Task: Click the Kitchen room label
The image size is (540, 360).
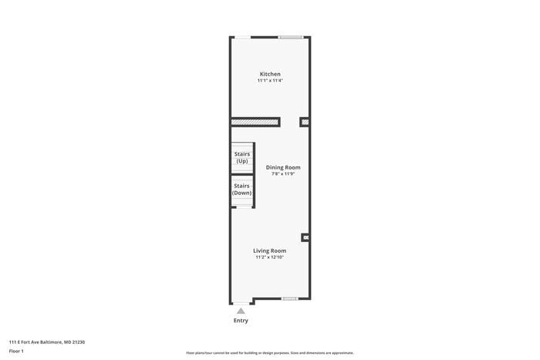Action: (270, 74)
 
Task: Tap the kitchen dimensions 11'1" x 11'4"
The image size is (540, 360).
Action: (270, 80)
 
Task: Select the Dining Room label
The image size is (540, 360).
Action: (283, 167)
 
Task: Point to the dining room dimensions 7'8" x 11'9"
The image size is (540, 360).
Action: (283, 173)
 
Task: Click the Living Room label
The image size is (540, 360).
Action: (270, 251)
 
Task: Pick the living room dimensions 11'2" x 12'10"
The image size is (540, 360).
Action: (270, 257)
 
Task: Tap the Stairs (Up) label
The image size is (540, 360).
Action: (242, 157)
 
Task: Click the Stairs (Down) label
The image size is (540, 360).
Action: (242, 189)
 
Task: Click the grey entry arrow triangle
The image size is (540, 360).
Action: (241, 311)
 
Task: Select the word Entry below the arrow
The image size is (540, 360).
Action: (241, 321)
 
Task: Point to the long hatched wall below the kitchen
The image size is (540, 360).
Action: (255, 122)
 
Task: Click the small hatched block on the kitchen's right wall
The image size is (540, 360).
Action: (305, 122)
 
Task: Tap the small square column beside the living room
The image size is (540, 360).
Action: (305, 238)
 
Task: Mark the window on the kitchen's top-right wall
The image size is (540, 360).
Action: (290, 37)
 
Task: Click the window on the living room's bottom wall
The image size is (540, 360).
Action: (289, 298)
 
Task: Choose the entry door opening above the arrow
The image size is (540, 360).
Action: (241, 301)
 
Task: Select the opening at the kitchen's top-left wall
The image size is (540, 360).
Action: (242, 37)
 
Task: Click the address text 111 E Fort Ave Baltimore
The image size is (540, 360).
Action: (47, 341)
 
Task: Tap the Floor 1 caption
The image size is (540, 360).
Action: (17, 351)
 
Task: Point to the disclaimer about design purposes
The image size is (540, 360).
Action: (270, 353)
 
